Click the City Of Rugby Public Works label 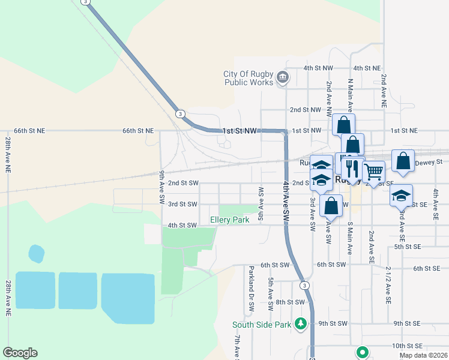(248, 78)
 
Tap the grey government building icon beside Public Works (283, 78)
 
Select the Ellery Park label (229, 220)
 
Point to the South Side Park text (262, 325)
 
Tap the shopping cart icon (373, 172)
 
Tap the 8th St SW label (291, 302)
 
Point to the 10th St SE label (408, 346)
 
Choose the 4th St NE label (367, 69)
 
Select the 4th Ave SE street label (436, 204)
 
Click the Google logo (20, 353)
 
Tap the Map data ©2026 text (423, 355)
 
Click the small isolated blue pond (37, 253)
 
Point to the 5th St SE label (408, 247)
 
